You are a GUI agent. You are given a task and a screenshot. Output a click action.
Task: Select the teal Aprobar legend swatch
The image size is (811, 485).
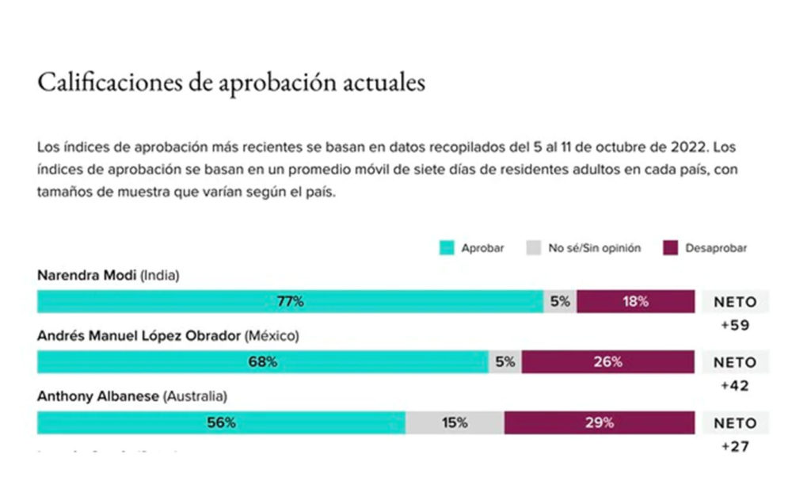447,248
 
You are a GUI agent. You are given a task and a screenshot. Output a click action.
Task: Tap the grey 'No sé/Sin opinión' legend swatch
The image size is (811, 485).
533,248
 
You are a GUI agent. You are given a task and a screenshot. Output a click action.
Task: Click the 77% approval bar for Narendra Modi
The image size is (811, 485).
290,301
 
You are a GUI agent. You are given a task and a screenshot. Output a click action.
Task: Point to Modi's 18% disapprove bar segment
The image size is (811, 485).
635,301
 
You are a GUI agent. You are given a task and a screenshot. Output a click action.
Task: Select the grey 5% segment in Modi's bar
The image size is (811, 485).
560,301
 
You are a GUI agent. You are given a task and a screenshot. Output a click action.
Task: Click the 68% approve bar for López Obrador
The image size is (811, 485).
263,362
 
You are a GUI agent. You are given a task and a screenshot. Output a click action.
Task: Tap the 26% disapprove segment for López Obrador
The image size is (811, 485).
607,362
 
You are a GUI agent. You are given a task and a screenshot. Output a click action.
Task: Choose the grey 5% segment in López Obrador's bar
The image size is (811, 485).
505,362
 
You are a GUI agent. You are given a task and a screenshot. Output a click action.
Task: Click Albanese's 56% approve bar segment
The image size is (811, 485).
222,422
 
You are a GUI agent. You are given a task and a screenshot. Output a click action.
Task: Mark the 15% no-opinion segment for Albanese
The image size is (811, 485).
455,422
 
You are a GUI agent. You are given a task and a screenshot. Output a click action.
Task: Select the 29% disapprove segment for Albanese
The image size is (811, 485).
600,422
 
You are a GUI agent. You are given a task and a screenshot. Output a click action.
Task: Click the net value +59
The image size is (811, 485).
735,324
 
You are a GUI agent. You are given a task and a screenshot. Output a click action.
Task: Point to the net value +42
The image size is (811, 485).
735,386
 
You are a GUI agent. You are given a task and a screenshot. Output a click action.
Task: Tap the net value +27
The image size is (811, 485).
735,446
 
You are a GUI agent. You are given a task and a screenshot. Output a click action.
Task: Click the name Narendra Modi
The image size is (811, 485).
87,276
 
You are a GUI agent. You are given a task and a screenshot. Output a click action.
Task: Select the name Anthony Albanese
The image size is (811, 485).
98,395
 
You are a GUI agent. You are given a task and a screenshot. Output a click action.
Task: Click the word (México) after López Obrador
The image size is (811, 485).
271,335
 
